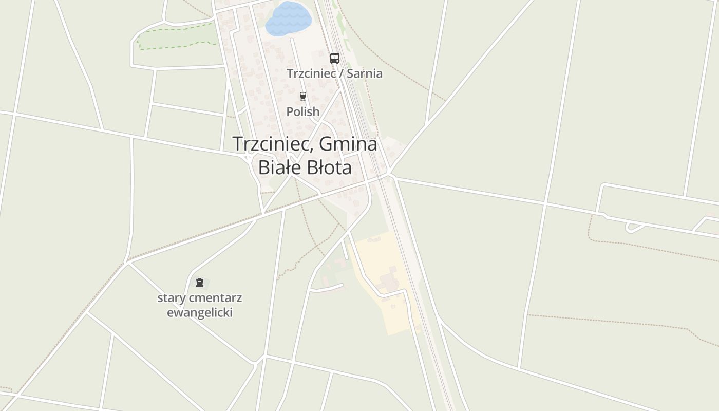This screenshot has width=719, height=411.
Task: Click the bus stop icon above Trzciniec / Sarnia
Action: coord(334,58)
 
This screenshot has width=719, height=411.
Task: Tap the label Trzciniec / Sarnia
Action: coord(334,73)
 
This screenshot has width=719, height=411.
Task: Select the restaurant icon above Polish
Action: coord(302,96)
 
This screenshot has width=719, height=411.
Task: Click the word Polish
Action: coord(303,111)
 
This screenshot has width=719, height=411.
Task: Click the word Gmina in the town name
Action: coord(348,144)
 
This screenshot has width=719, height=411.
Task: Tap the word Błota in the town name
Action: coord(329,167)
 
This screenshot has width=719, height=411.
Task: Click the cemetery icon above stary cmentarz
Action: coord(200,282)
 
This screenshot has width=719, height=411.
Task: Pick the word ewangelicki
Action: coord(200,312)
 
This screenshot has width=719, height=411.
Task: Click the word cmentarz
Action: coord(215,298)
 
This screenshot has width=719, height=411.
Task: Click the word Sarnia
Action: coord(365,73)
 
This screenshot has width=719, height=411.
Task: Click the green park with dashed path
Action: coord(175,37)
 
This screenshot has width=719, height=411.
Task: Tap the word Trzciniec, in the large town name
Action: coord(272,144)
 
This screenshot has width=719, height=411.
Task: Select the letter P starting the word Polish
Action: coord(290,111)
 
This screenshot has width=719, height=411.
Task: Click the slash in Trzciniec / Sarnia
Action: coord(342,73)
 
